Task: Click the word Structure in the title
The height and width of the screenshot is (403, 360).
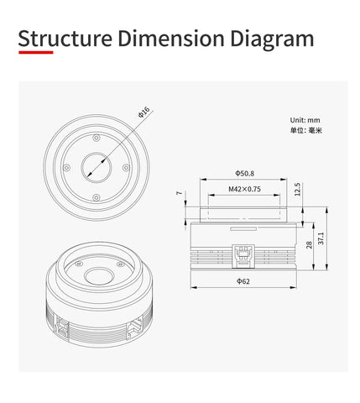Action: (x=65, y=39)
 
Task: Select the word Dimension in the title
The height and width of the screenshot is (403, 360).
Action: (x=171, y=39)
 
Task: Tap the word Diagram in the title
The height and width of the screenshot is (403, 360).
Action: (x=272, y=40)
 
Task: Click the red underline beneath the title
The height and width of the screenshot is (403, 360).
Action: (x=36, y=52)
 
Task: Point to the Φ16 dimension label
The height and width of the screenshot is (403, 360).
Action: (x=144, y=112)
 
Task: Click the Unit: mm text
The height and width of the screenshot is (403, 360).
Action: (x=305, y=120)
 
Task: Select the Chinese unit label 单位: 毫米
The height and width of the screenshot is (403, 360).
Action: (x=306, y=130)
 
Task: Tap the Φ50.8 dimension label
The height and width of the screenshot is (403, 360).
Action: (x=244, y=174)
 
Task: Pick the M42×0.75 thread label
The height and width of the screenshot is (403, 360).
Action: (x=244, y=189)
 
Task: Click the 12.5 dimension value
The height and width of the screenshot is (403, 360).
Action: (x=297, y=190)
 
